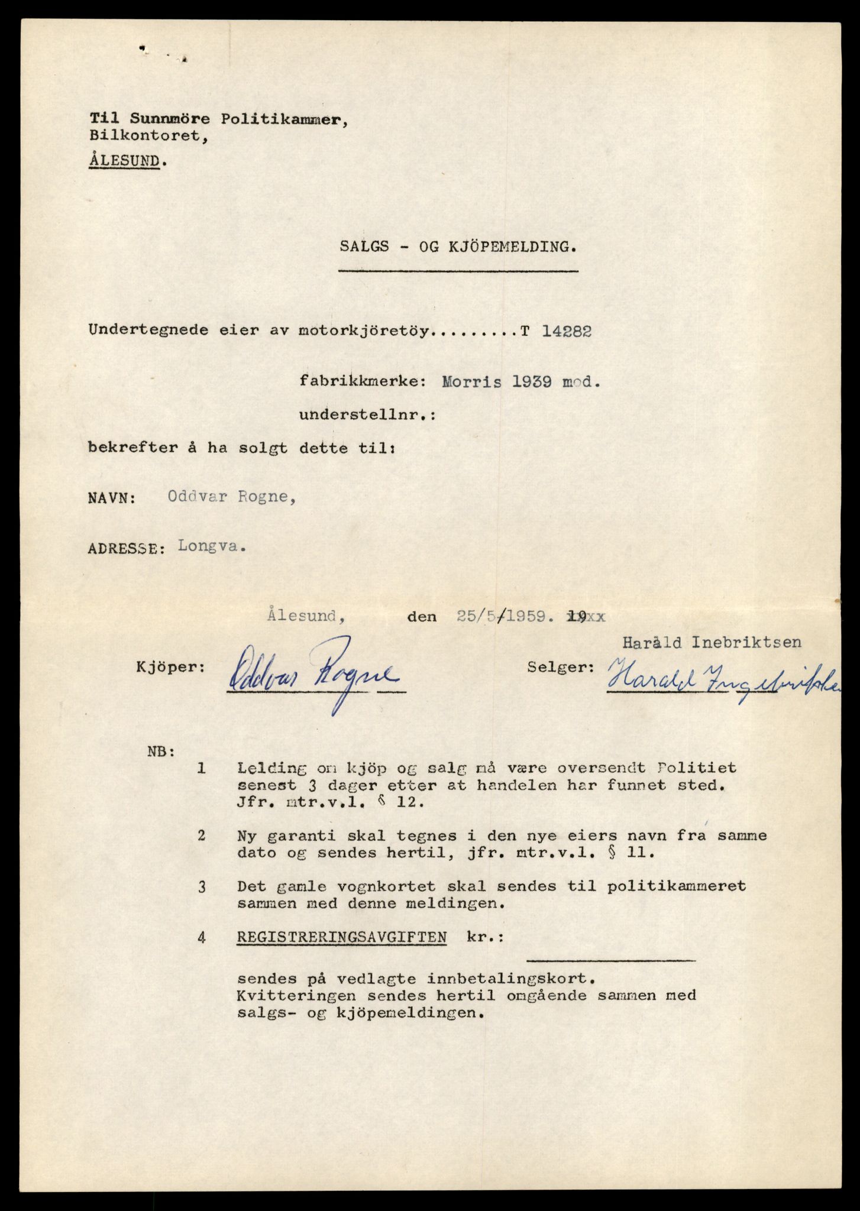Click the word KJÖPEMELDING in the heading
(x=508, y=247)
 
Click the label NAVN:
(x=112, y=498)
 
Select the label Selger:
(x=560, y=667)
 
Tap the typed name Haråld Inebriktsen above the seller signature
(x=712, y=642)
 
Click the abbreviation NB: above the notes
(x=160, y=753)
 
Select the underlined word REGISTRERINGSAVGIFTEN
(x=342, y=938)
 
